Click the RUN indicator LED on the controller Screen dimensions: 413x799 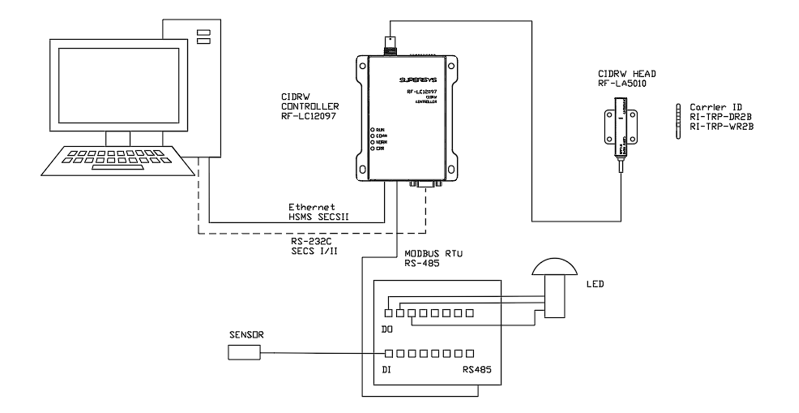click(372, 130)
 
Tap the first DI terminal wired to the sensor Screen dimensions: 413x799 click(389, 353)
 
